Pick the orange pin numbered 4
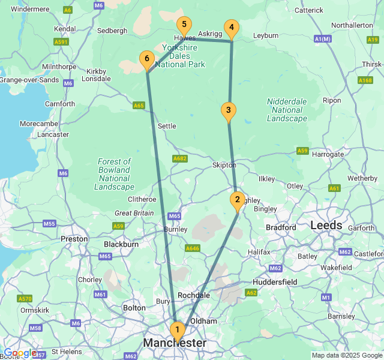click(231, 28)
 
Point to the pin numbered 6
click(146, 59)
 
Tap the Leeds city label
click(326, 226)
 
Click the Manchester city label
click(175, 343)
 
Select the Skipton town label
click(224, 165)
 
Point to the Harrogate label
click(328, 154)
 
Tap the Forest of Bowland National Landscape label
click(114, 174)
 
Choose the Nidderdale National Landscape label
click(287, 110)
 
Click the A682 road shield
click(180, 158)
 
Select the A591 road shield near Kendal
click(61, 42)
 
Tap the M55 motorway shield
click(49, 224)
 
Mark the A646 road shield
click(193, 248)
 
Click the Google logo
click(20, 353)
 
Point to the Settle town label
click(167, 126)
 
